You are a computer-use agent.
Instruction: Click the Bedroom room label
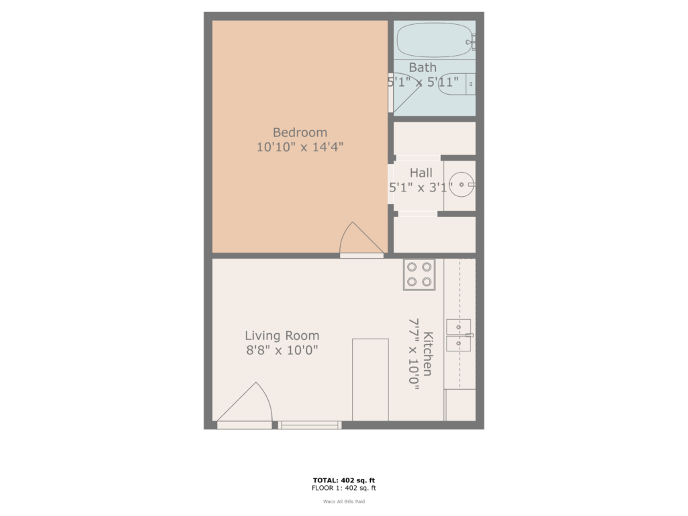click(x=300, y=132)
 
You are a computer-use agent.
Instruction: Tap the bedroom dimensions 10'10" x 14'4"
click(x=300, y=147)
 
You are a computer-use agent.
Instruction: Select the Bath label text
click(x=423, y=67)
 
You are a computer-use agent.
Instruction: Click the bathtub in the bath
click(x=433, y=41)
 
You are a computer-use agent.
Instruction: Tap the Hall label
click(x=421, y=173)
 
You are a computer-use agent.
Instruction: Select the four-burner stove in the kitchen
click(x=419, y=275)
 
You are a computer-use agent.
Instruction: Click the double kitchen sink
click(x=459, y=336)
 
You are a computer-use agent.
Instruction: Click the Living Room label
click(x=282, y=336)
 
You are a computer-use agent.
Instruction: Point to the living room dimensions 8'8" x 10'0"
click(x=282, y=350)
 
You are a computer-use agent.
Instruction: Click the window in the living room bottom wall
click(x=310, y=425)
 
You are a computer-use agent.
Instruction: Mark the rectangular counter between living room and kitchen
click(x=370, y=380)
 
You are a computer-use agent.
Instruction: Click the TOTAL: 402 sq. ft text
click(x=344, y=480)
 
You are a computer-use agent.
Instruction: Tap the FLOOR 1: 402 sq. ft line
click(x=344, y=488)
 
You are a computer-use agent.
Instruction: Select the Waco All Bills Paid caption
click(x=344, y=501)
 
